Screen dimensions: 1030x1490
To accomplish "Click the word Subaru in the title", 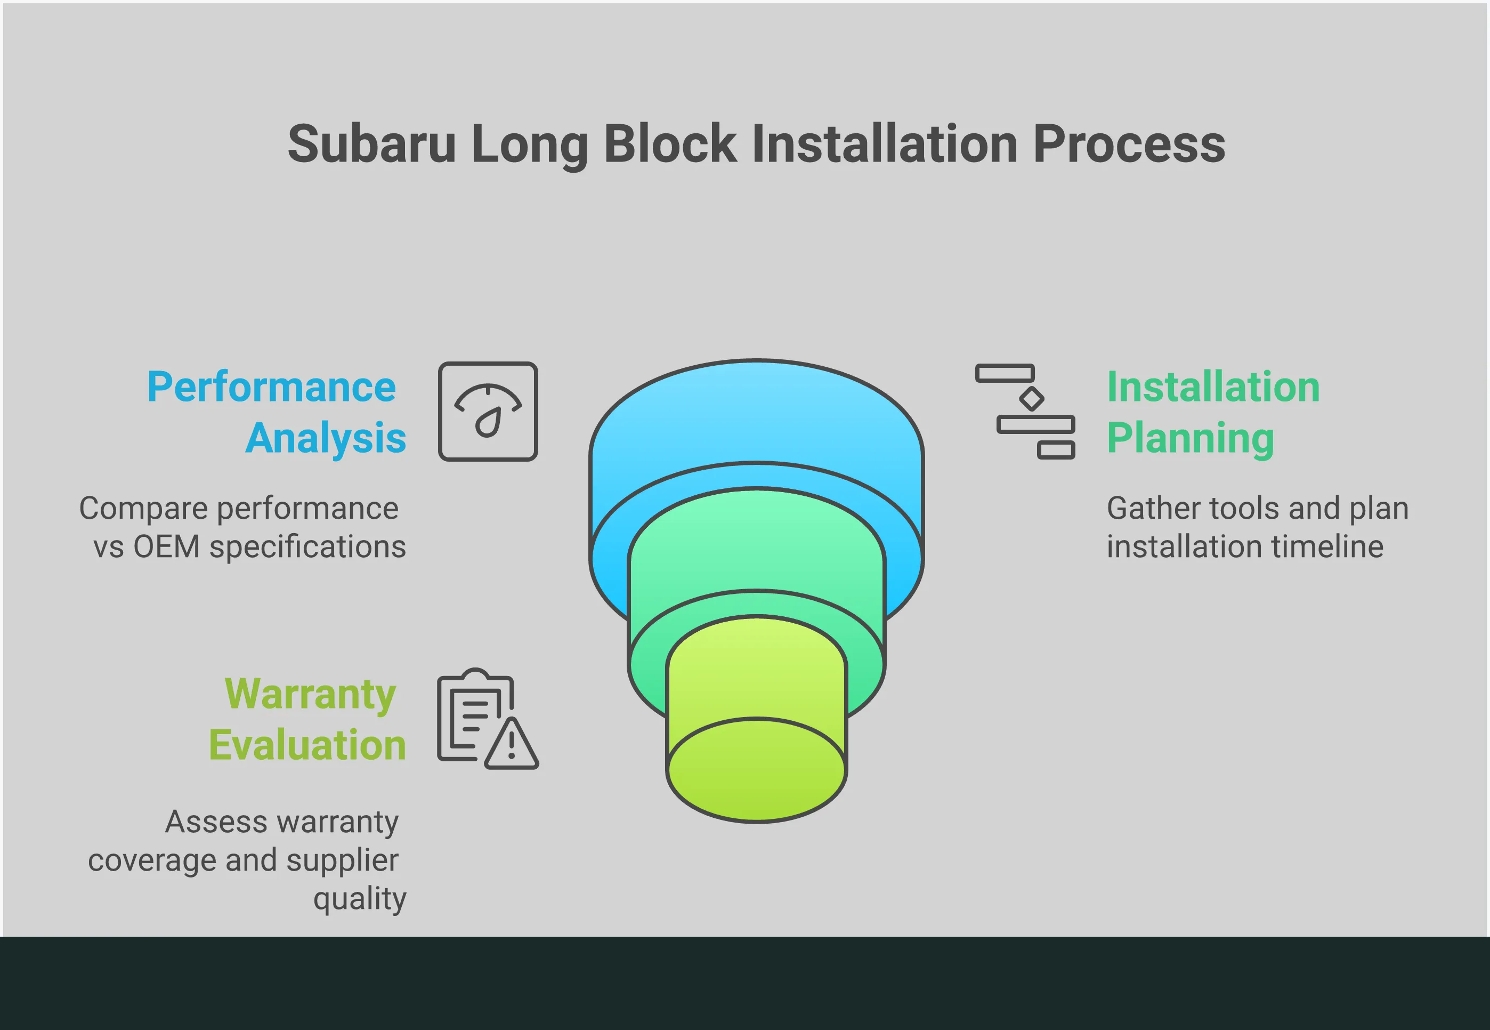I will pos(371,144).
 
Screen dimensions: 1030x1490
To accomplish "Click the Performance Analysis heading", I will pos(276,412).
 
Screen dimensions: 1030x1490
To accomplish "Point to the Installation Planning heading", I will pos(1213,412).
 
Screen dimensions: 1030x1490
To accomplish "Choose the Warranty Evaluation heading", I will pos(307,719).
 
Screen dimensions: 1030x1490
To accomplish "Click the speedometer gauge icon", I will pos(488,411).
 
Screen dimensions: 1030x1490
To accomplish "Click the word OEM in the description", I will pos(166,546).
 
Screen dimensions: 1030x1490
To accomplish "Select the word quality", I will pos(360,898).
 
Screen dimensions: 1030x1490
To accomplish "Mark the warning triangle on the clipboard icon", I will pos(511,745).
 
